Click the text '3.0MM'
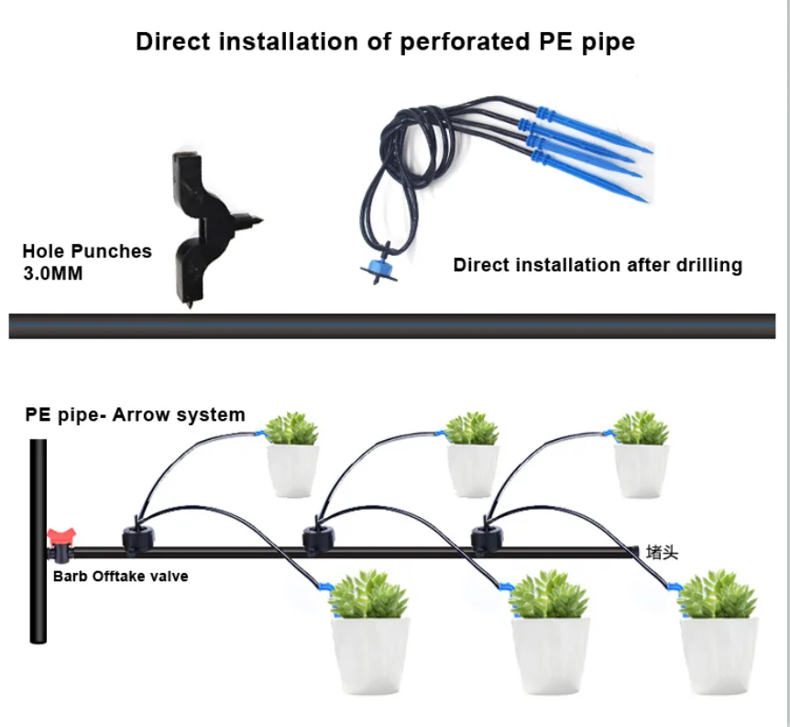(x=52, y=273)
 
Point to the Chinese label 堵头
(x=662, y=552)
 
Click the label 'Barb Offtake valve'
(x=120, y=577)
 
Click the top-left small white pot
(x=292, y=469)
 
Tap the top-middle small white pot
(x=473, y=469)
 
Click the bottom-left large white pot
(x=370, y=655)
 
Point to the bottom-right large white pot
(x=719, y=655)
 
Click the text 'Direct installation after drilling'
(x=598, y=265)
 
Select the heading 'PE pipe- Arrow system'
(x=135, y=414)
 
